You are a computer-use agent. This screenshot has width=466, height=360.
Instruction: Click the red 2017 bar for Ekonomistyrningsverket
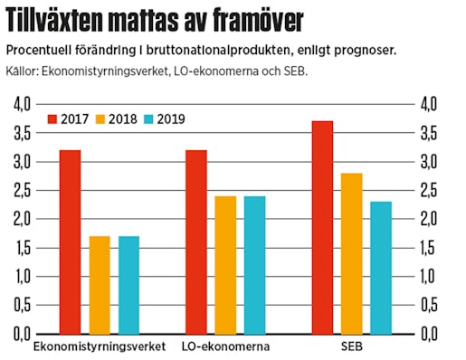pos(71,242)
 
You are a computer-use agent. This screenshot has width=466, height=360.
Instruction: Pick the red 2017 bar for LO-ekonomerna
pos(195,242)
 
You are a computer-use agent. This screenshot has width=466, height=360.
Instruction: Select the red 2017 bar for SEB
pos(321,227)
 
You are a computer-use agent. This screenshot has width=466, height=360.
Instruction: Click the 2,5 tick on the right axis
pos(428,190)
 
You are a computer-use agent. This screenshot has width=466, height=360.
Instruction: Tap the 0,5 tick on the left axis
pos(22,305)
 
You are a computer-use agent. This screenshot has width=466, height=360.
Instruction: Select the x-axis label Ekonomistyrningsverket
pos(100,347)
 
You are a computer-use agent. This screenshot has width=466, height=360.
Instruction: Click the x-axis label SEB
pos(350,347)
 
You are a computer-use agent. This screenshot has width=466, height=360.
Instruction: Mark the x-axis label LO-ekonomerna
pos(225,347)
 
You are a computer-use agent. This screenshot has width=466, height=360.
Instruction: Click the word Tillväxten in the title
pos(62,20)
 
